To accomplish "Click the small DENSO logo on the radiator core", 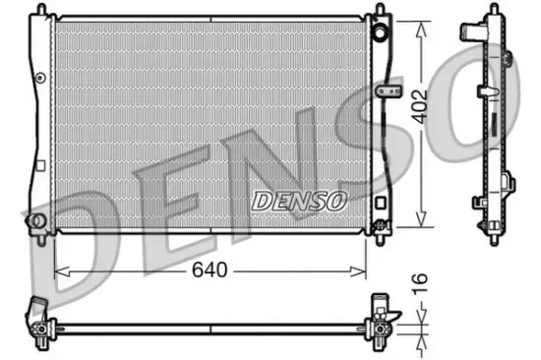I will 299,201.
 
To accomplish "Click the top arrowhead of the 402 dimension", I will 423,21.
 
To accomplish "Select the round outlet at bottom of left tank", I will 38,220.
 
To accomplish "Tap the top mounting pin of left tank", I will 41,13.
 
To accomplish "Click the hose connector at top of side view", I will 508,59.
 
